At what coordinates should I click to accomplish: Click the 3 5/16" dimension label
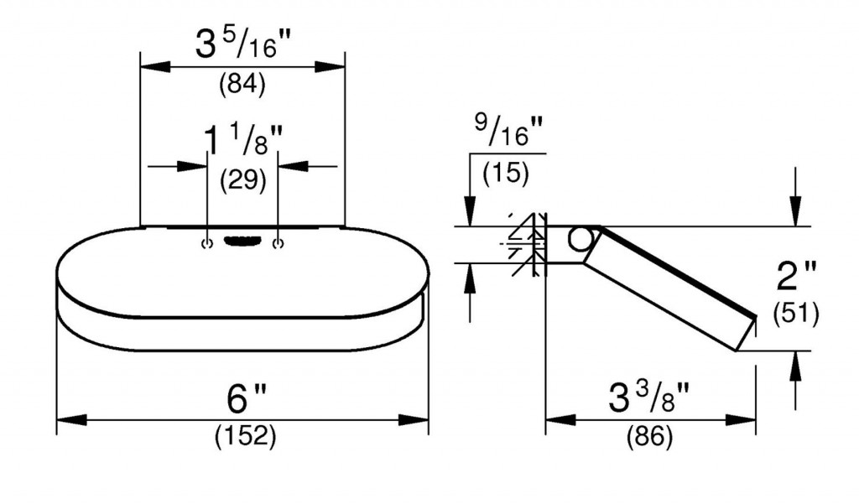tap(243, 44)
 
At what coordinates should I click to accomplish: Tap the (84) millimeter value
tap(242, 85)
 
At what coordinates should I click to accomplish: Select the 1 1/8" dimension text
tap(243, 139)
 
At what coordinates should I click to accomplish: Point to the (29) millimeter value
tap(243, 180)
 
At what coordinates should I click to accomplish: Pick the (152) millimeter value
tap(246, 436)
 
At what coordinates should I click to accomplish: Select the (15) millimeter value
tap(506, 173)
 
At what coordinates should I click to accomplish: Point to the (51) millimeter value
tap(796, 314)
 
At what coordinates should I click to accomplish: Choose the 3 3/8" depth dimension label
tap(648, 397)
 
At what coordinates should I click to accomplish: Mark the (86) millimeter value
tap(649, 437)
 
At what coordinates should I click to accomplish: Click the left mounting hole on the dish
tap(206, 243)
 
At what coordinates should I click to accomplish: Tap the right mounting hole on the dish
tap(279, 243)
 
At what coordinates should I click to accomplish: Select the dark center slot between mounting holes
tap(242, 241)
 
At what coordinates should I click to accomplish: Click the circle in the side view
tap(580, 239)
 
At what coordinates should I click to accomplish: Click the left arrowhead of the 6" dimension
tap(72, 420)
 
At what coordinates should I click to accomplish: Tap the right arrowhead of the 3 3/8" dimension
tap(741, 420)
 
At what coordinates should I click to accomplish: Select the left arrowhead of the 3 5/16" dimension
tap(155, 67)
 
